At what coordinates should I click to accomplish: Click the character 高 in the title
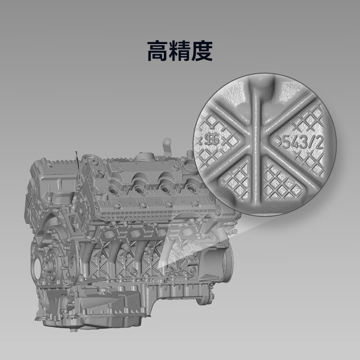click(x=157, y=51)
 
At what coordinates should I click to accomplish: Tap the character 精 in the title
click(x=180, y=51)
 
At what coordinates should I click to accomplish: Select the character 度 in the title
click(x=202, y=51)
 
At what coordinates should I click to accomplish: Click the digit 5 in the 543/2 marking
click(x=287, y=142)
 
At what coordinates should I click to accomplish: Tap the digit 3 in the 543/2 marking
click(x=303, y=142)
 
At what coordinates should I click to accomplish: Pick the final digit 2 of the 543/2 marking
click(x=320, y=143)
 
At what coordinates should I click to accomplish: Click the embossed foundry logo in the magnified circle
click(x=211, y=139)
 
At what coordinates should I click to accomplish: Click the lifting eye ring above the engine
click(x=167, y=141)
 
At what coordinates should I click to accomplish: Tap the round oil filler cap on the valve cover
click(x=144, y=157)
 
